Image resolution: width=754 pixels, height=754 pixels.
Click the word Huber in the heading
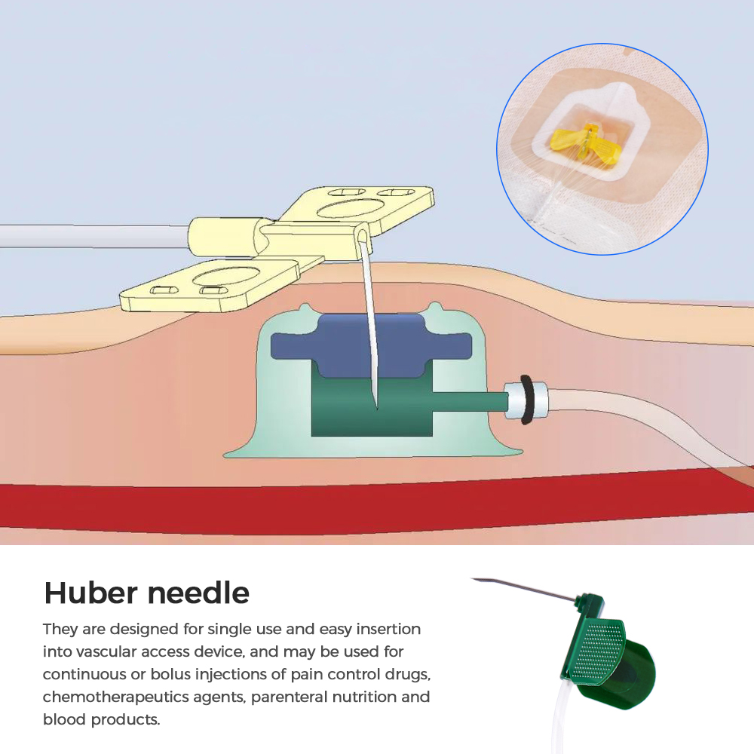[90, 593]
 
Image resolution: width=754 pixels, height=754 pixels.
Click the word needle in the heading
[198, 593]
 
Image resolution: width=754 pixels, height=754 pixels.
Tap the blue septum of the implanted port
[371, 345]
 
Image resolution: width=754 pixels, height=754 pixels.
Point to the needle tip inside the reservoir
[376, 409]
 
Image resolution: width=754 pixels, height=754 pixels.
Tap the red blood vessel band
[375, 507]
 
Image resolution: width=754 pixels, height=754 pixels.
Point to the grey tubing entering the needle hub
[93, 236]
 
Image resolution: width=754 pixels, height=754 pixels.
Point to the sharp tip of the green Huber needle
[472, 579]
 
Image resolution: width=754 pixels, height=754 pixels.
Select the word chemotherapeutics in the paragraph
[143, 697]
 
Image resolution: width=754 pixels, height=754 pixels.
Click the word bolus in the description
[172, 674]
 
